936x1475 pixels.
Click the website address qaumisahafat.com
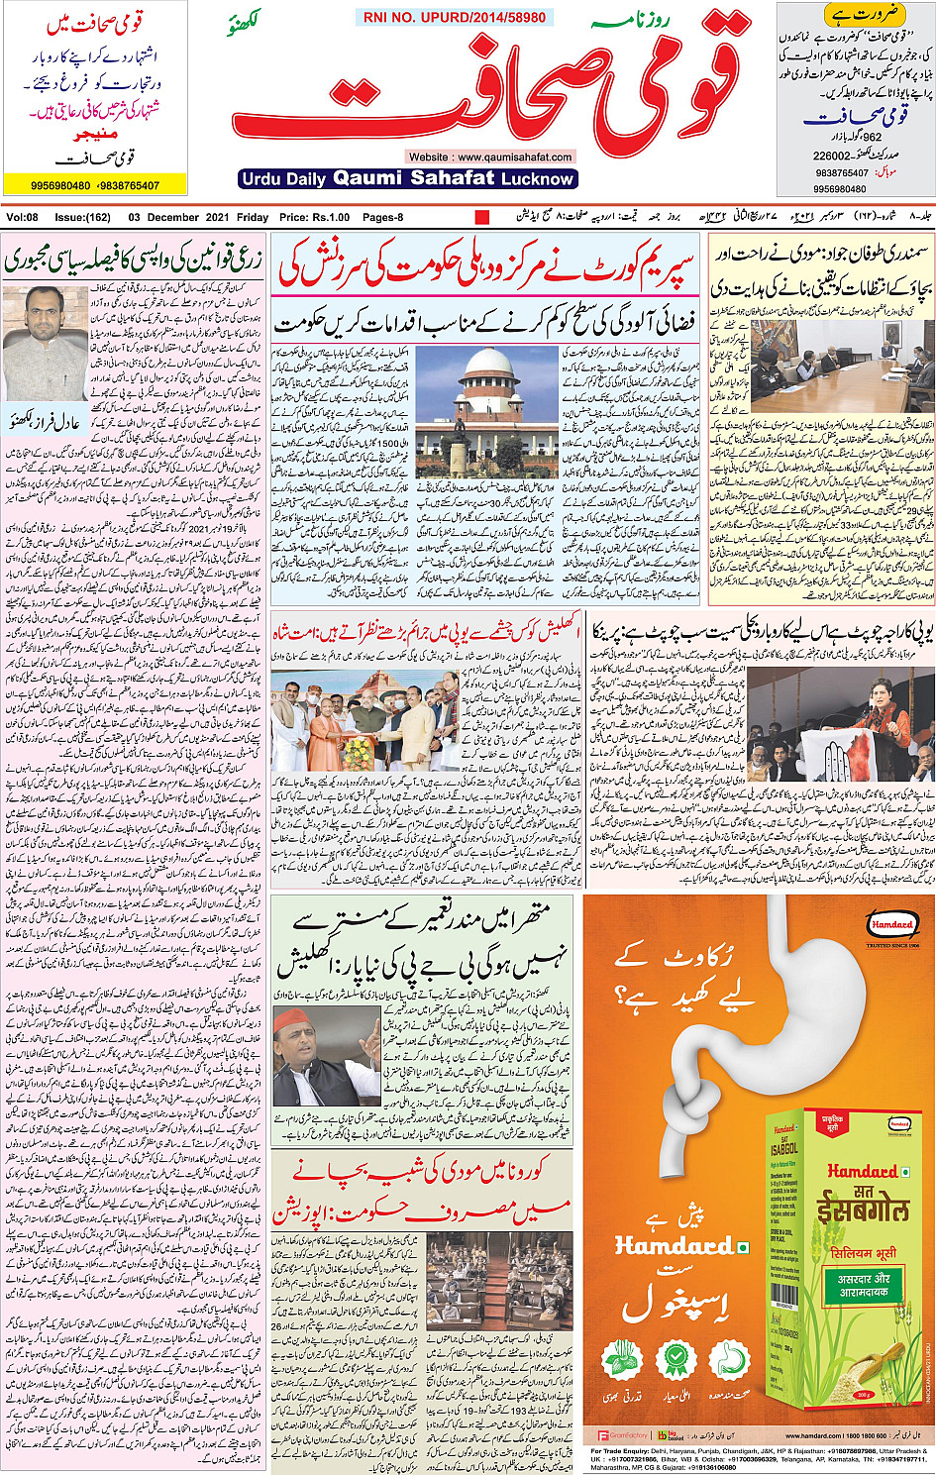point(490,157)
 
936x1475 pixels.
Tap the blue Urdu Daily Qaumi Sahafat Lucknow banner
point(407,178)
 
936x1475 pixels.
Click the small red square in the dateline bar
point(482,217)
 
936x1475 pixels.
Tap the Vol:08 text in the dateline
point(22,217)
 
